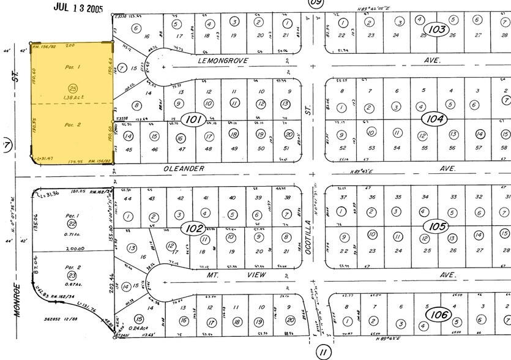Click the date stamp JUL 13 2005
[78, 7]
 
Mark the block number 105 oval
[437, 227]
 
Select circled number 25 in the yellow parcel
[73, 89]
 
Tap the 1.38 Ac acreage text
[74, 98]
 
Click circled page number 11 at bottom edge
[323, 351]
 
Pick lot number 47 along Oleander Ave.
[181, 149]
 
